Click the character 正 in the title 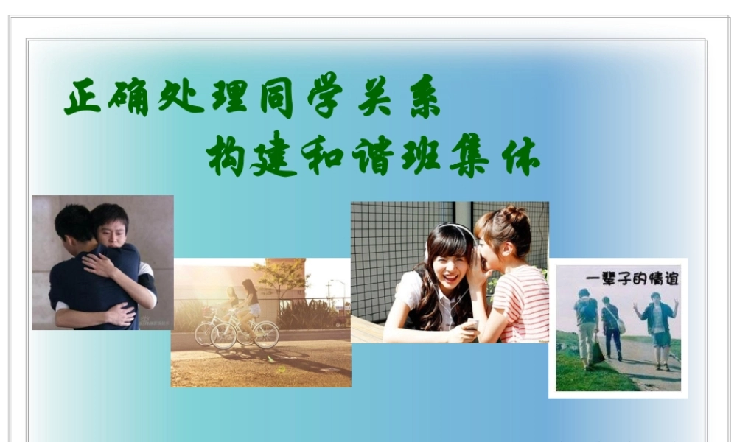(83, 97)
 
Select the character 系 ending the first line (424, 97)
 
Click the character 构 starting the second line (225, 156)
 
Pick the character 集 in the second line (469, 156)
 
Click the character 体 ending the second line (521, 156)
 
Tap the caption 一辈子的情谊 (632, 279)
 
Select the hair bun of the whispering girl (514, 215)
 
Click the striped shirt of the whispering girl (523, 302)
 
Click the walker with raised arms (658, 324)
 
